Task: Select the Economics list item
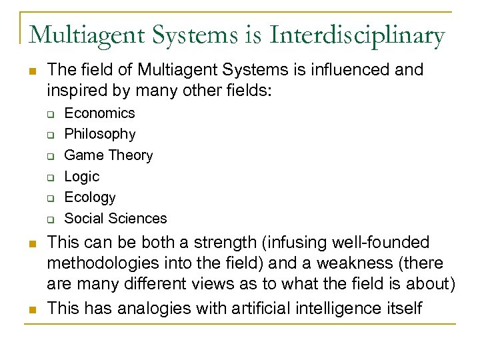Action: (99, 113)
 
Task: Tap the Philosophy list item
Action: (99, 134)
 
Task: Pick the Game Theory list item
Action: (108, 155)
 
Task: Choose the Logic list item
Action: (81, 177)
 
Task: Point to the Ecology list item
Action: (89, 197)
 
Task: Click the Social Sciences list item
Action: (115, 219)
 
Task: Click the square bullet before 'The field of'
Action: (31, 71)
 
